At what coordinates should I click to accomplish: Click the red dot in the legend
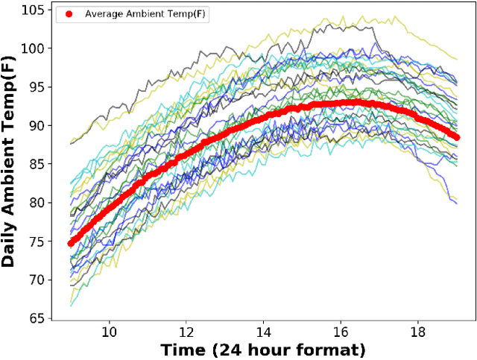(69, 14)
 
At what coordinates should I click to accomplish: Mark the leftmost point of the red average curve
(71, 243)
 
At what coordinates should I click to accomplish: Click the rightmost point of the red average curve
(456, 136)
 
